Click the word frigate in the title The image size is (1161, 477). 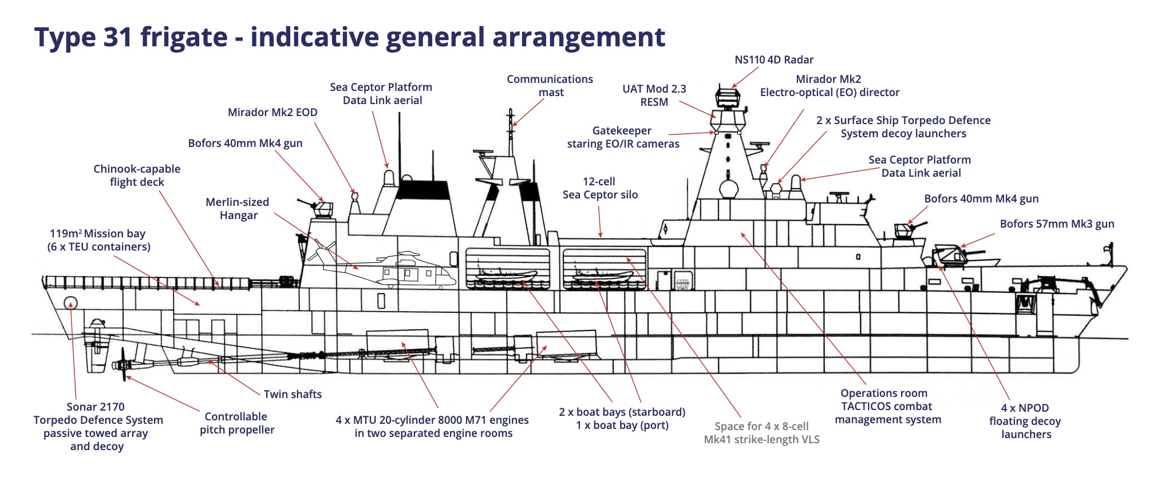coord(184,38)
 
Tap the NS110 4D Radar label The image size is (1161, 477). coord(773,60)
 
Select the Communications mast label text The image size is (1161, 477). coord(550,86)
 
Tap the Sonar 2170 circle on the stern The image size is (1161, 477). coord(70,303)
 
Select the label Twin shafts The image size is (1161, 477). coord(293,394)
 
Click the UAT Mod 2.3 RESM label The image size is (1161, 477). coord(654,96)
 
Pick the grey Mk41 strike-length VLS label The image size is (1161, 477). coord(761,433)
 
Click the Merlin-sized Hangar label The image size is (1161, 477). coord(238,209)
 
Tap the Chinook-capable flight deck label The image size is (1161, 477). coord(137,176)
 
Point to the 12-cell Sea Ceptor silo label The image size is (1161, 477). coord(599,188)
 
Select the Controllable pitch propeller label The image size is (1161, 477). coord(236,423)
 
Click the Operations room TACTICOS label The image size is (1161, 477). coord(887,406)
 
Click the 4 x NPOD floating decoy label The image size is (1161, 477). coord(1025,421)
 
